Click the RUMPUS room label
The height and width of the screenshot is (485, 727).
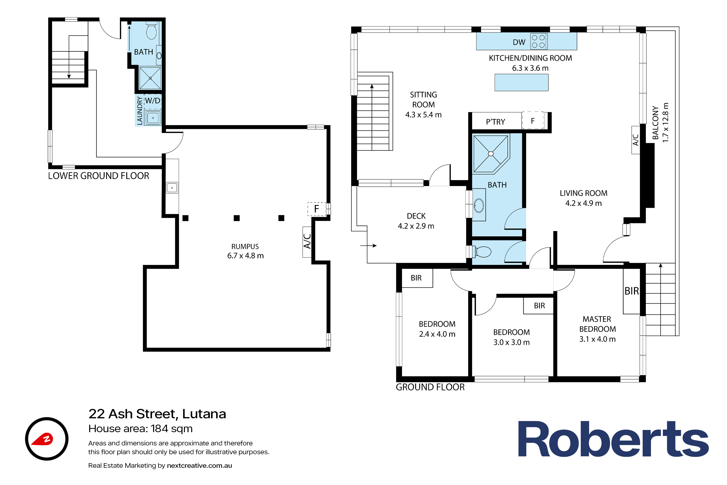coord(245,247)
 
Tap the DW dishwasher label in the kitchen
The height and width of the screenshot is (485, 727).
coord(519,42)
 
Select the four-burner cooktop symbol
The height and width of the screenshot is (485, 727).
coord(539,41)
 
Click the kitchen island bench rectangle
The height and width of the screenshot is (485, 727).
coord(522,82)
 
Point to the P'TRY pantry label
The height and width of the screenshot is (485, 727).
coord(496,122)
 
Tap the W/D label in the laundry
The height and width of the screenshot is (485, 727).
coord(153,101)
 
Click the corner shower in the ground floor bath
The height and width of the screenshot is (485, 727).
coord(491,154)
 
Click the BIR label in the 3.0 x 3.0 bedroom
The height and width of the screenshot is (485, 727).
coord(539,306)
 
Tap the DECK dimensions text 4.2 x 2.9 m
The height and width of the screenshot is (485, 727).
coord(416,226)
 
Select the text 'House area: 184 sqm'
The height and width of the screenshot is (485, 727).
coord(140,429)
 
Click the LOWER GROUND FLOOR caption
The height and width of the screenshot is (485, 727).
coord(99,176)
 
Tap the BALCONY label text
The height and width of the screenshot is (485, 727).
coord(655,123)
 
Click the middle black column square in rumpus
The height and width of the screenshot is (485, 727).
coord(237,218)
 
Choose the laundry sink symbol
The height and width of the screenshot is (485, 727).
coord(153,118)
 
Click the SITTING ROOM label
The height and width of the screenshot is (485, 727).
coord(423,100)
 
